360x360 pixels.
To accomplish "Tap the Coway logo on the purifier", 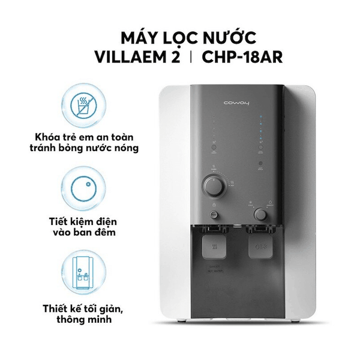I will [x=235, y=103].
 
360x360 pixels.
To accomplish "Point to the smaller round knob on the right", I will [x=260, y=213].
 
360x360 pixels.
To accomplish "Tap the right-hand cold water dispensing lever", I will [x=259, y=247].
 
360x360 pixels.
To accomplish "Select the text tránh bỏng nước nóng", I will [x=79, y=149].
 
